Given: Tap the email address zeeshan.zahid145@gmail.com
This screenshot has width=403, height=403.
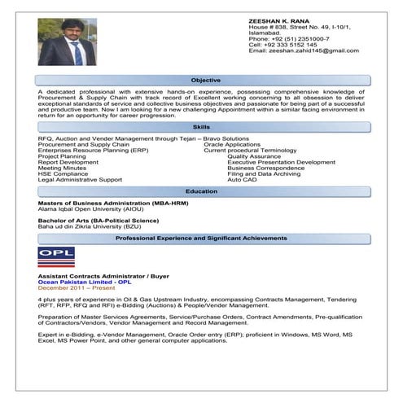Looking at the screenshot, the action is pyautogui.click(x=303, y=50).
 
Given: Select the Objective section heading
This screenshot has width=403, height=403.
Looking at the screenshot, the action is pyautogui.click(x=205, y=81).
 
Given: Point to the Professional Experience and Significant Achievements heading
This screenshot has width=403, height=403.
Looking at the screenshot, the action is pyautogui.click(x=202, y=238).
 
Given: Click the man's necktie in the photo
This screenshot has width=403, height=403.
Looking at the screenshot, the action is pyautogui.click(x=77, y=54).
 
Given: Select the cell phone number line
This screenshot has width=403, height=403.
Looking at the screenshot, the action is pyautogui.click(x=283, y=44).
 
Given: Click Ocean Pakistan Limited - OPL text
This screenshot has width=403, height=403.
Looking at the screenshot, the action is pyautogui.click(x=85, y=282).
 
